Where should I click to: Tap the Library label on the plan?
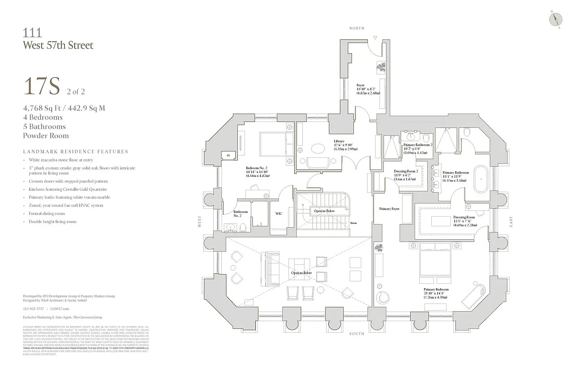pyautogui.click(x=339, y=141)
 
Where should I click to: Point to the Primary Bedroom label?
pyautogui.click(x=435, y=290)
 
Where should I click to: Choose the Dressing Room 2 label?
pyautogui.click(x=406, y=171)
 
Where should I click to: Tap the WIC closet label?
pyautogui.click(x=278, y=214)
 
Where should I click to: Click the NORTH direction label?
pyautogui.click(x=357, y=28)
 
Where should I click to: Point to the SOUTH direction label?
pyautogui.click(x=357, y=334)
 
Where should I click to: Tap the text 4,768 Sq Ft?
pyautogui.click(x=44, y=108)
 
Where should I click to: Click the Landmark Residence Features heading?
pyautogui.click(x=75, y=152)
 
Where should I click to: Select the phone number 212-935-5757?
pyautogui.click(x=33, y=309)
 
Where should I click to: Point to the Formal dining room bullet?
pyautogui.click(x=46, y=214)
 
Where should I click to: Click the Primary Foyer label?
pyautogui.click(x=389, y=209)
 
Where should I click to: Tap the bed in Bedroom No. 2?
pyautogui.click(x=273, y=141)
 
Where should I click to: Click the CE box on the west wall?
pyautogui.click(x=228, y=155)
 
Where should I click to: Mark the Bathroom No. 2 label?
pyautogui.click(x=241, y=214)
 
